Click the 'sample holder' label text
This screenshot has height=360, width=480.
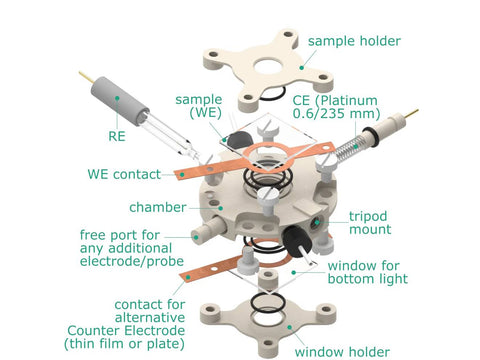click(x=354, y=41)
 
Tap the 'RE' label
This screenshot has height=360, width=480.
click(x=117, y=136)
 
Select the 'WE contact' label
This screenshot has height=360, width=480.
click(x=124, y=174)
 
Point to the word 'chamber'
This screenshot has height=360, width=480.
click(x=158, y=207)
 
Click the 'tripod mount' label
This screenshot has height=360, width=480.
click(x=370, y=223)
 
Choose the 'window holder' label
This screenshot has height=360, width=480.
click(x=342, y=352)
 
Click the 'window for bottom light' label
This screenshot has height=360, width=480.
click(x=368, y=272)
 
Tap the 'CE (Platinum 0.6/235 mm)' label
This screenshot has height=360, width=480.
click(x=336, y=107)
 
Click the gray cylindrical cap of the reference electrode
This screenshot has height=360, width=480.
click(x=119, y=101)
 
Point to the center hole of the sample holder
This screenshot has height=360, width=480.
click(x=270, y=67)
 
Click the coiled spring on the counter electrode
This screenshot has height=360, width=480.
click(x=346, y=149)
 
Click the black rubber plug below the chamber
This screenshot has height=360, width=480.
click(x=296, y=241)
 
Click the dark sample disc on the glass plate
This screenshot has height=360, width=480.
click(x=239, y=140)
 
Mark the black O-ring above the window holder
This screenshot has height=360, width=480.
click(x=268, y=302)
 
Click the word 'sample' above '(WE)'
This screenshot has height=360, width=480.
click(x=199, y=100)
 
